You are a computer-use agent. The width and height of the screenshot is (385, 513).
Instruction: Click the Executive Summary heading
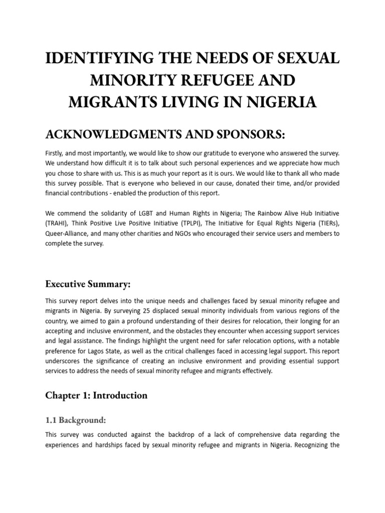pos(88,284)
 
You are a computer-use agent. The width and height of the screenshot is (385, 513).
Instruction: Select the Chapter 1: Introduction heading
pos(96,395)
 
